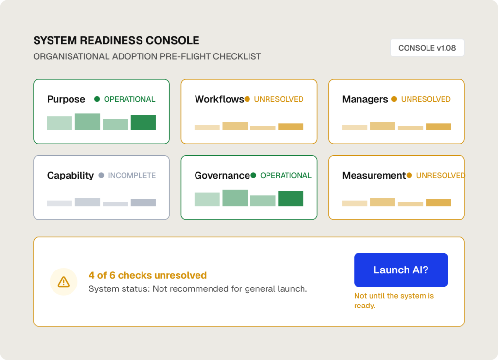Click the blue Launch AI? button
(x=401, y=270)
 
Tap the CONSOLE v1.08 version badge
(x=427, y=48)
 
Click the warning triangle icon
(x=64, y=282)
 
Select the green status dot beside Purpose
(x=97, y=99)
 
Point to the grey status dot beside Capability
(x=101, y=175)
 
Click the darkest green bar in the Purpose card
(x=143, y=122)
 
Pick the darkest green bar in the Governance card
(x=291, y=198)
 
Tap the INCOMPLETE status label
(x=132, y=176)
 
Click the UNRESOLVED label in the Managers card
(x=426, y=99)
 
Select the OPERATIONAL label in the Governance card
(x=285, y=176)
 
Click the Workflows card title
(x=219, y=99)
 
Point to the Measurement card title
(x=374, y=176)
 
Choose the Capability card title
(x=71, y=176)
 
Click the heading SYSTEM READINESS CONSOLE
(x=116, y=41)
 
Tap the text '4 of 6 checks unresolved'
(x=148, y=275)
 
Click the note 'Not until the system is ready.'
(x=394, y=301)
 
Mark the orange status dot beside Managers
(x=394, y=99)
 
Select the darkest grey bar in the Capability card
(x=143, y=203)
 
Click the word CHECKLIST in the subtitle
(x=237, y=56)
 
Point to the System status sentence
(x=198, y=289)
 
